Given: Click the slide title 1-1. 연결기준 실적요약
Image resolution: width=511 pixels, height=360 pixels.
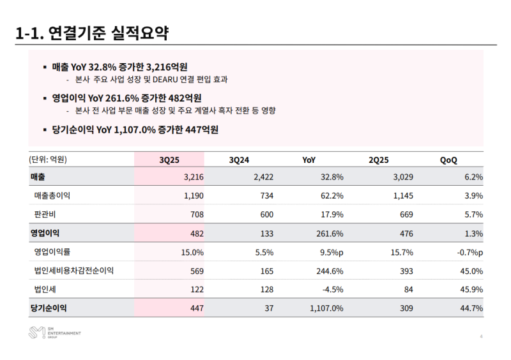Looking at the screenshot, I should (x=92, y=33).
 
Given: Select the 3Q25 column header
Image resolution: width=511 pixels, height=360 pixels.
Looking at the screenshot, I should (x=169, y=160).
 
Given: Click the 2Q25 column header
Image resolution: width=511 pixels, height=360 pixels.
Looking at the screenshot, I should (x=379, y=160).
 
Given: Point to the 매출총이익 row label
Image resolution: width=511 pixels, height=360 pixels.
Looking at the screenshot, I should (x=56, y=195).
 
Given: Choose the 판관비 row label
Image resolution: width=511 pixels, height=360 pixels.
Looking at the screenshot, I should (x=47, y=214).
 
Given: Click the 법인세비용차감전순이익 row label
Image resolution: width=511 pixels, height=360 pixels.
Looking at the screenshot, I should (x=74, y=271).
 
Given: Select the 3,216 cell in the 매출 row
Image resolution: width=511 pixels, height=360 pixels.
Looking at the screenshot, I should (x=192, y=177).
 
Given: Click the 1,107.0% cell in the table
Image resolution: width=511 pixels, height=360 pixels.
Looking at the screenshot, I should (x=326, y=308).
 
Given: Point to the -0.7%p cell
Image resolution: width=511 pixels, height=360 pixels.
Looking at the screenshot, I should (x=469, y=252).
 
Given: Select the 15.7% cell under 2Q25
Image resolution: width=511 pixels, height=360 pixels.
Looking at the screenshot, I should (x=400, y=252).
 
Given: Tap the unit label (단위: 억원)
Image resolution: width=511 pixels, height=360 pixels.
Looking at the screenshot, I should (x=48, y=160).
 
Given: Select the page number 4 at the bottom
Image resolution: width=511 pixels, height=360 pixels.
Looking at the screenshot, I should (x=480, y=336).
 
